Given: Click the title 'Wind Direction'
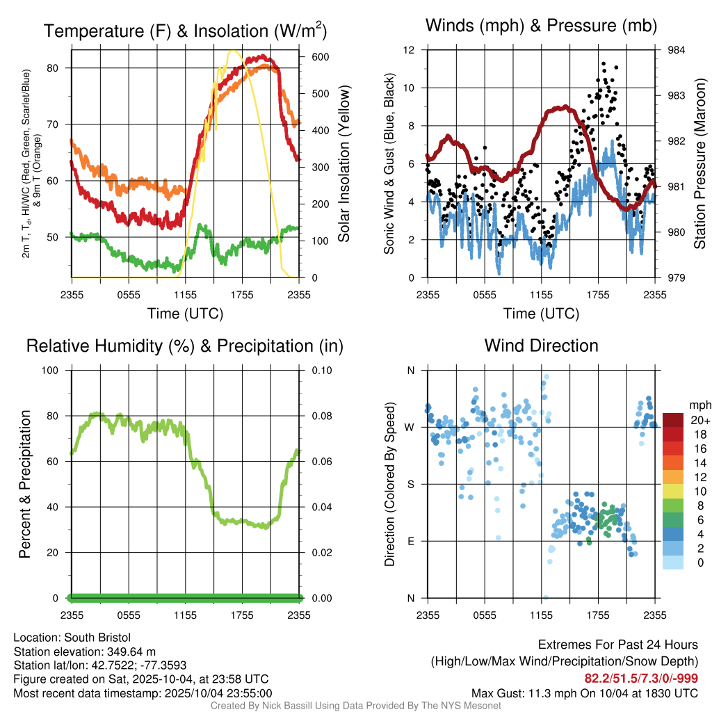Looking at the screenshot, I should coord(541,346).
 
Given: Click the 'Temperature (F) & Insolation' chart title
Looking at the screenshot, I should coord(185,31).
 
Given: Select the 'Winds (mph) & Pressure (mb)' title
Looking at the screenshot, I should coord(541,26).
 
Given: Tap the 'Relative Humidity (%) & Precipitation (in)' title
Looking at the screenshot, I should coord(185,346).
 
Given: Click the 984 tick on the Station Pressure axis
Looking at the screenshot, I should coord(675,50).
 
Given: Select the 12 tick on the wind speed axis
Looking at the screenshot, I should coord(410,50).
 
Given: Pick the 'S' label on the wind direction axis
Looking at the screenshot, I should coord(410,485).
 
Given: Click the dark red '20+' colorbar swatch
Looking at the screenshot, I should coord(673,420).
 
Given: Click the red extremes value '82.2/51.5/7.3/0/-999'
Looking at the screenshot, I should coord(641,678).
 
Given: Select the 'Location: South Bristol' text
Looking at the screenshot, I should coord(72,638).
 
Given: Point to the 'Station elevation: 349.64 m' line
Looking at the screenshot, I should coord(86,652).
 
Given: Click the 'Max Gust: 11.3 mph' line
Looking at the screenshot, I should coord(584,693).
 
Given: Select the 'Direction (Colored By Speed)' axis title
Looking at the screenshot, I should coord(390,483).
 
